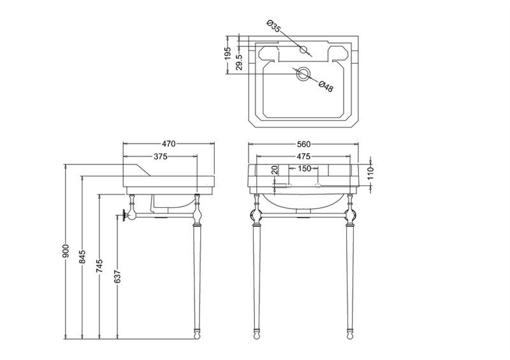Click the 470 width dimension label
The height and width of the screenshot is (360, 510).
168,144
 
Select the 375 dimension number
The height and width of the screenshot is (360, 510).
161,157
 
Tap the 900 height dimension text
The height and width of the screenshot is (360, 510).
66,251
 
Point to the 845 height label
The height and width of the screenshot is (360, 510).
83,257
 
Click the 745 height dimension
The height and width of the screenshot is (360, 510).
100,266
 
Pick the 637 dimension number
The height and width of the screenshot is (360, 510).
117,277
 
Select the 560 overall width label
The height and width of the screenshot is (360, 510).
303,144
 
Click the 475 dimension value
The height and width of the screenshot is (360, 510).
303,157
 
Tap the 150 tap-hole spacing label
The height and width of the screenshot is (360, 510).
305,169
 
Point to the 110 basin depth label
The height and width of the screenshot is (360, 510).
371,173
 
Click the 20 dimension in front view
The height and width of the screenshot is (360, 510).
275,169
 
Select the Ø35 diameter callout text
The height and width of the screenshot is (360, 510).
273,26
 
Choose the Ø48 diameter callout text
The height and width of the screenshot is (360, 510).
326,86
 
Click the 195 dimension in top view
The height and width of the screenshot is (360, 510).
228,54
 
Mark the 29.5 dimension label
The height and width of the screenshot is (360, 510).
239,62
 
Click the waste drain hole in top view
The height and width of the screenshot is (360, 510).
303,74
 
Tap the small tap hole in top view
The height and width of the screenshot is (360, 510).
303,50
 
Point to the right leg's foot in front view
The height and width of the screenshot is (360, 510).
349,335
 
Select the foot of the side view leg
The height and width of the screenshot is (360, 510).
197,335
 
